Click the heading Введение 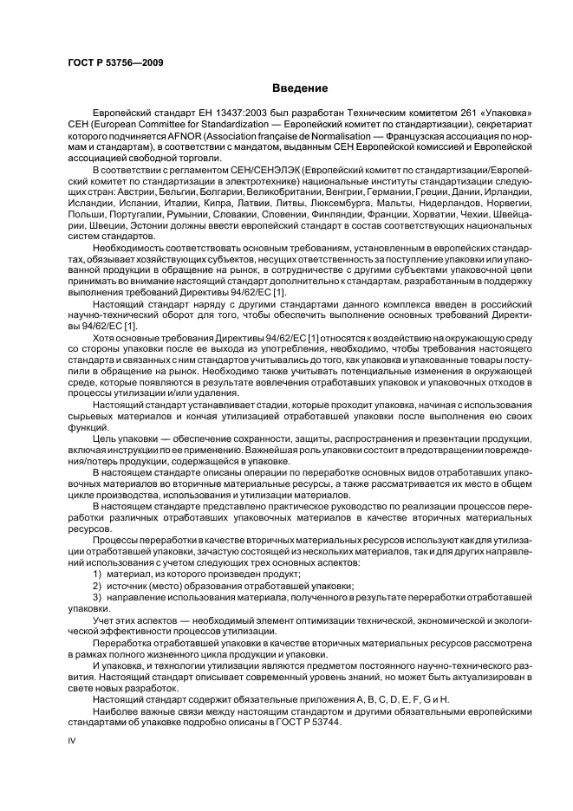pos(300,88)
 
